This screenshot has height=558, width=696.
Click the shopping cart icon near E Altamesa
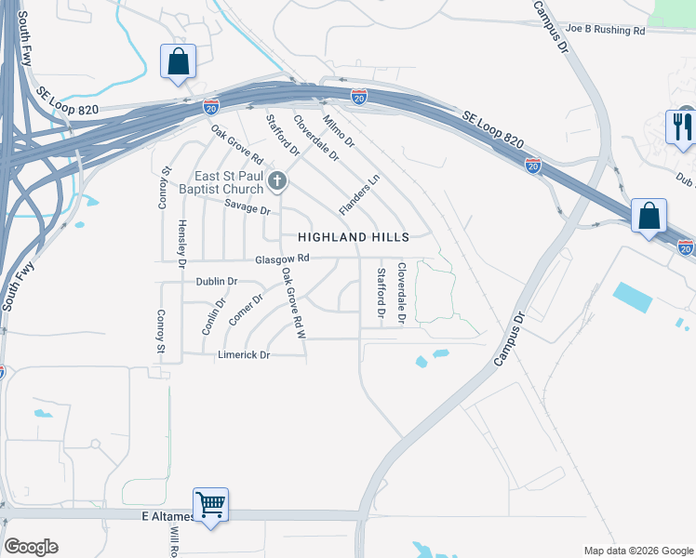point(211,505)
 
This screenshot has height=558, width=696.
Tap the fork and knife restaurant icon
point(683,127)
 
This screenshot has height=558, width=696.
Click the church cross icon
point(276,179)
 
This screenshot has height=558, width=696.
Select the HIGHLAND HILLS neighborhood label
point(354,237)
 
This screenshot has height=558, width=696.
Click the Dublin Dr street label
point(217,281)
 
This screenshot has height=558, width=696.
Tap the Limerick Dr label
point(244,355)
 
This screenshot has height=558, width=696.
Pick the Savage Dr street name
point(247,209)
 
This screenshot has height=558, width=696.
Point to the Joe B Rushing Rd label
point(604,30)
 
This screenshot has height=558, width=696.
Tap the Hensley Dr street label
point(183,240)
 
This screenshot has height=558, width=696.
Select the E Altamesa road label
point(167,516)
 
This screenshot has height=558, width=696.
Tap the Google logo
point(31,547)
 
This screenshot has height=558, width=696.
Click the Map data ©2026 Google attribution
point(637,551)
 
